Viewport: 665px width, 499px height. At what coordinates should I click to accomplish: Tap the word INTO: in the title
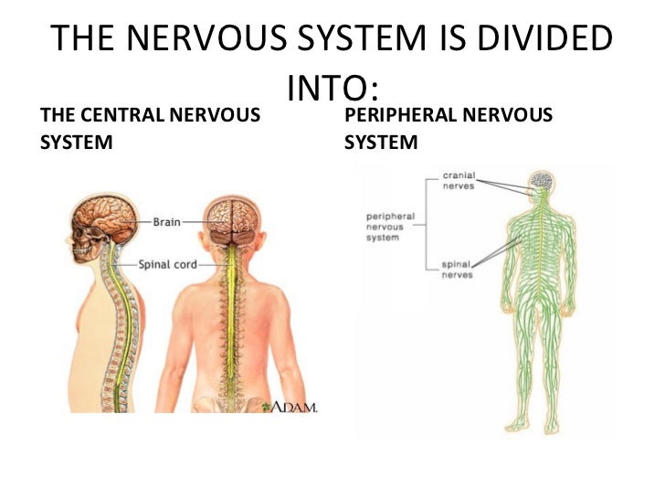(332, 89)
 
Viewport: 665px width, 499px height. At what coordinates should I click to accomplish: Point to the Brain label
(166, 221)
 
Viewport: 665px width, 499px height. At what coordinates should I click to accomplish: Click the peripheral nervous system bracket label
(390, 227)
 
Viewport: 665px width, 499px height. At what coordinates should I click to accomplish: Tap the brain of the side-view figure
(108, 218)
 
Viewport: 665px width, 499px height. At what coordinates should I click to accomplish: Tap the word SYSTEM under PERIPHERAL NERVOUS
(381, 143)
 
